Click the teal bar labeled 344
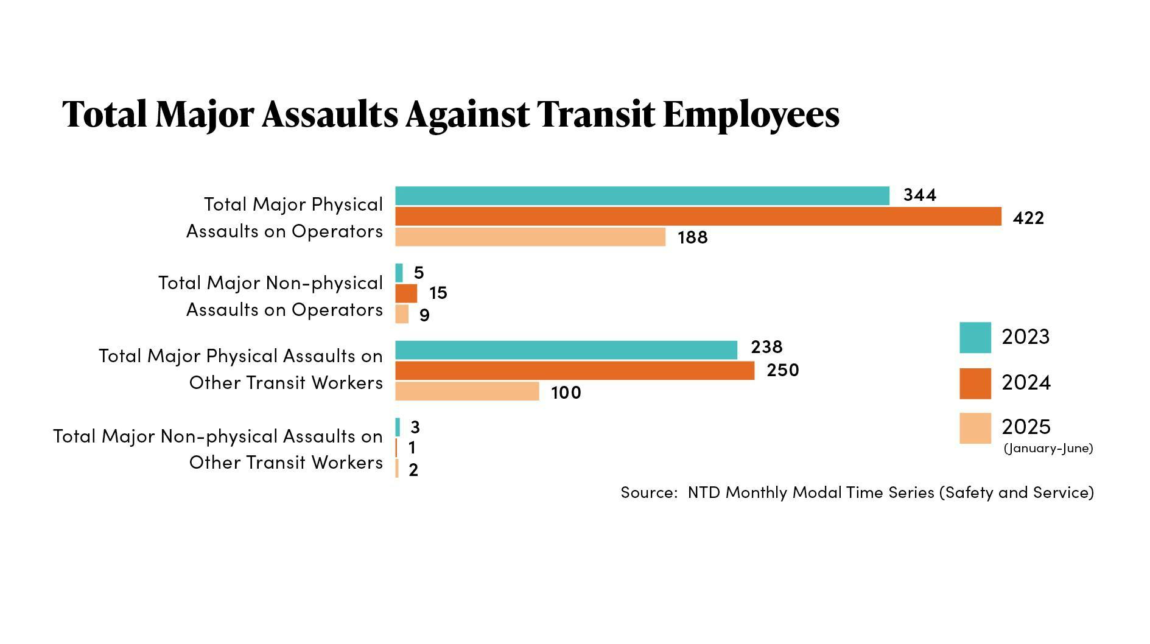642,196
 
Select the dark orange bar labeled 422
698,217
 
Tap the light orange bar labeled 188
530,237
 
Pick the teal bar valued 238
566,350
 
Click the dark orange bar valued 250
574,371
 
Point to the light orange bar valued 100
467,391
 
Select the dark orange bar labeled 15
406,293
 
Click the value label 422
1028,218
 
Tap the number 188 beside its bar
692,237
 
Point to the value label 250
782,370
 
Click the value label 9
424,315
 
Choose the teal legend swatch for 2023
975,337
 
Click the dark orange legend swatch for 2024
975,383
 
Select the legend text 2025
1026,427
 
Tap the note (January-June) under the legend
1048,449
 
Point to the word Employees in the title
751,114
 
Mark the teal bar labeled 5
399,273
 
